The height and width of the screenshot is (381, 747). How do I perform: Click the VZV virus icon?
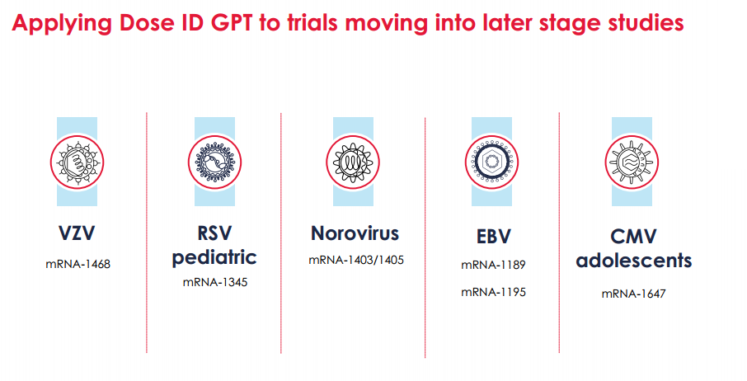click(77, 162)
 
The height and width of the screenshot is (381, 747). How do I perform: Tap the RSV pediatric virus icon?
click(214, 162)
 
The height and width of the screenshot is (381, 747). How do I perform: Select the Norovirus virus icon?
click(353, 162)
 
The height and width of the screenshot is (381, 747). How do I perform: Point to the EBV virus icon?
click(491, 162)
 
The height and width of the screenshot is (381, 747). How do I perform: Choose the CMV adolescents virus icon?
click(632, 162)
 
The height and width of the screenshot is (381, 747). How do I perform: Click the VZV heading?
click(77, 233)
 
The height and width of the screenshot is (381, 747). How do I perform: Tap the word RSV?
click(214, 233)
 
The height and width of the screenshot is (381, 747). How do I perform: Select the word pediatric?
click(214, 257)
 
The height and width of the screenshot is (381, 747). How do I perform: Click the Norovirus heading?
click(355, 233)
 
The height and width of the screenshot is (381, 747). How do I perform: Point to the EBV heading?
click(494, 237)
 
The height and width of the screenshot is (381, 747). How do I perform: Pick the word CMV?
click(633, 237)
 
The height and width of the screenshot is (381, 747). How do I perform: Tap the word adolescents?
click(633, 261)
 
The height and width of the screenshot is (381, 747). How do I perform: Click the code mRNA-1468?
click(78, 264)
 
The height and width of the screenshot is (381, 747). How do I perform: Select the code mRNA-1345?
click(215, 282)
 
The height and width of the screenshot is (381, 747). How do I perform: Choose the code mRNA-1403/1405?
click(356, 260)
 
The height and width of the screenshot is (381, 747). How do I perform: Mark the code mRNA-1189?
click(493, 265)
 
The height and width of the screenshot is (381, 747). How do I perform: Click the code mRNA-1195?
click(493, 292)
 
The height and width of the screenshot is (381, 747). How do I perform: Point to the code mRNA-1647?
click(633, 294)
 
